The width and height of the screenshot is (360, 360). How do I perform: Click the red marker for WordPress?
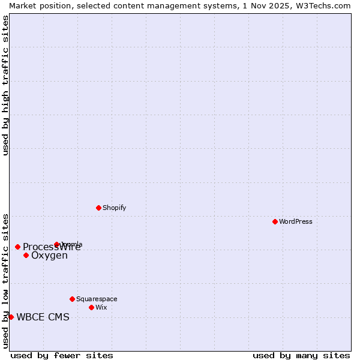click(x=275, y=221)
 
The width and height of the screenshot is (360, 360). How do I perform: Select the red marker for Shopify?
click(x=98, y=208)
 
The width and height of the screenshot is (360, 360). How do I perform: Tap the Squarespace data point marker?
click(x=72, y=299)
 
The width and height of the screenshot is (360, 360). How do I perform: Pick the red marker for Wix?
click(x=91, y=307)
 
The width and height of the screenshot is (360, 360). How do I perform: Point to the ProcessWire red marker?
click(x=17, y=247)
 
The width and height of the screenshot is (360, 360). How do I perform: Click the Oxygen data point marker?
click(x=26, y=255)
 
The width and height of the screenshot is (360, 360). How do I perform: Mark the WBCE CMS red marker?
click(x=11, y=317)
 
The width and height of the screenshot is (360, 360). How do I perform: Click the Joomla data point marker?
click(x=56, y=244)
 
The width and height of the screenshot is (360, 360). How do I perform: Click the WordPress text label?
click(x=296, y=221)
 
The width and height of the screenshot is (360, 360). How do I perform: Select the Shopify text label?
click(x=114, y=208)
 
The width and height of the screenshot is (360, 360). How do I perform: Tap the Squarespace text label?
click(x=97, y=299)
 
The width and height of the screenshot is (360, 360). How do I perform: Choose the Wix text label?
click(x=101, y=307)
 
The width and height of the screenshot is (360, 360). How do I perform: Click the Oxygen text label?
click(x=49, y=256)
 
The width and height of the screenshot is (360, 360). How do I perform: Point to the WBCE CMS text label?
click(x=43, y=317)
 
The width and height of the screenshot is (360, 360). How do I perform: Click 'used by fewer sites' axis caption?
click(x=62, y=355)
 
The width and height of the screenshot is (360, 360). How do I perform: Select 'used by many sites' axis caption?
click(x=301, y=355)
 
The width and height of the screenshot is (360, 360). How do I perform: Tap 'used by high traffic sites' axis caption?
click(x=5, y=85)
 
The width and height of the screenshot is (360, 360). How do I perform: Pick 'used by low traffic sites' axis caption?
click(x=5, y=280)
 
